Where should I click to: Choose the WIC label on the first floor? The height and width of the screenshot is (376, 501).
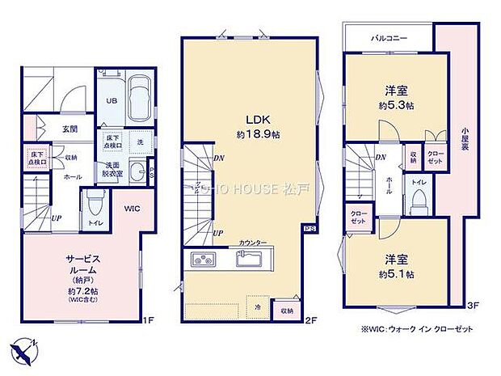tap(132, 208)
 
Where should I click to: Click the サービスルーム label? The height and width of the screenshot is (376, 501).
tap(81, 264)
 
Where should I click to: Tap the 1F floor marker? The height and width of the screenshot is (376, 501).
tap(148, 320)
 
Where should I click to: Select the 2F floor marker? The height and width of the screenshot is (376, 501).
tap(309, 320)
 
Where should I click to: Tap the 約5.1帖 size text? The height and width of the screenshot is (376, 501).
tap(396, 275)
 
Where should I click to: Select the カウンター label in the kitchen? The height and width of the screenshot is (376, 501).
tap(254, 243)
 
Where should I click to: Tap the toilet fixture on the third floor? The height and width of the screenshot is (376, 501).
tap(418, 201)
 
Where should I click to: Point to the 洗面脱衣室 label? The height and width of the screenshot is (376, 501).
tap(112, 169)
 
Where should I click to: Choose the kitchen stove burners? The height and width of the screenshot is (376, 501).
tap(204, 259)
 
